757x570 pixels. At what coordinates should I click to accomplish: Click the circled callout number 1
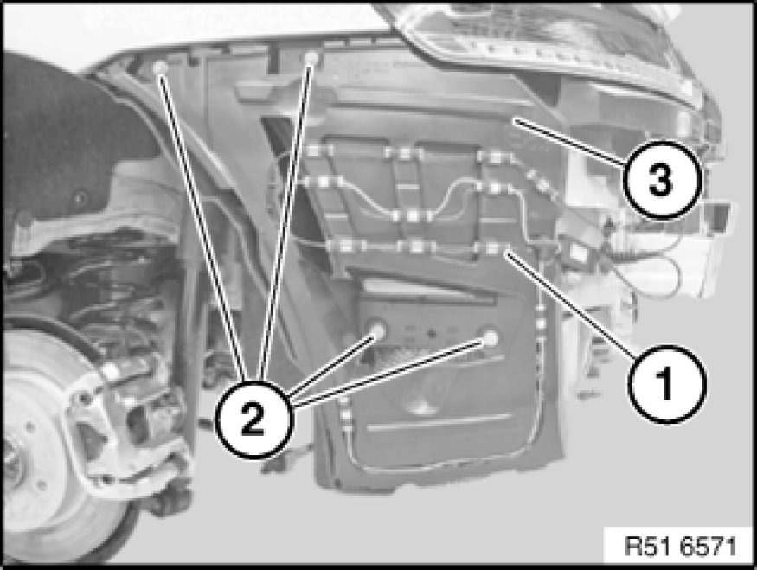tap(667, 384)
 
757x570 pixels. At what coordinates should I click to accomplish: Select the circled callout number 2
tap(254, 419)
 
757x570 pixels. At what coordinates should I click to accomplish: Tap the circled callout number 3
tap(661, 179)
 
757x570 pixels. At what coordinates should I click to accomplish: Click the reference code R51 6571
tap(680, 548)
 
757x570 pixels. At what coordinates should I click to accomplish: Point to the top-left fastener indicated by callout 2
tap(161, 67)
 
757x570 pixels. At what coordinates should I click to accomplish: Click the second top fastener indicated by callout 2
tap(311, 58)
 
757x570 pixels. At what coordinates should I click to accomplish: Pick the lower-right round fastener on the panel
tap(490, 338)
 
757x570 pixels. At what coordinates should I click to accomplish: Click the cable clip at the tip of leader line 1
tap(491, 248)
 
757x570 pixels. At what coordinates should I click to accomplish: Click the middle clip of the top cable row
tap(404, 153)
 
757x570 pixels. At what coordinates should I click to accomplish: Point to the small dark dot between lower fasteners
tap(432, 334)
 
